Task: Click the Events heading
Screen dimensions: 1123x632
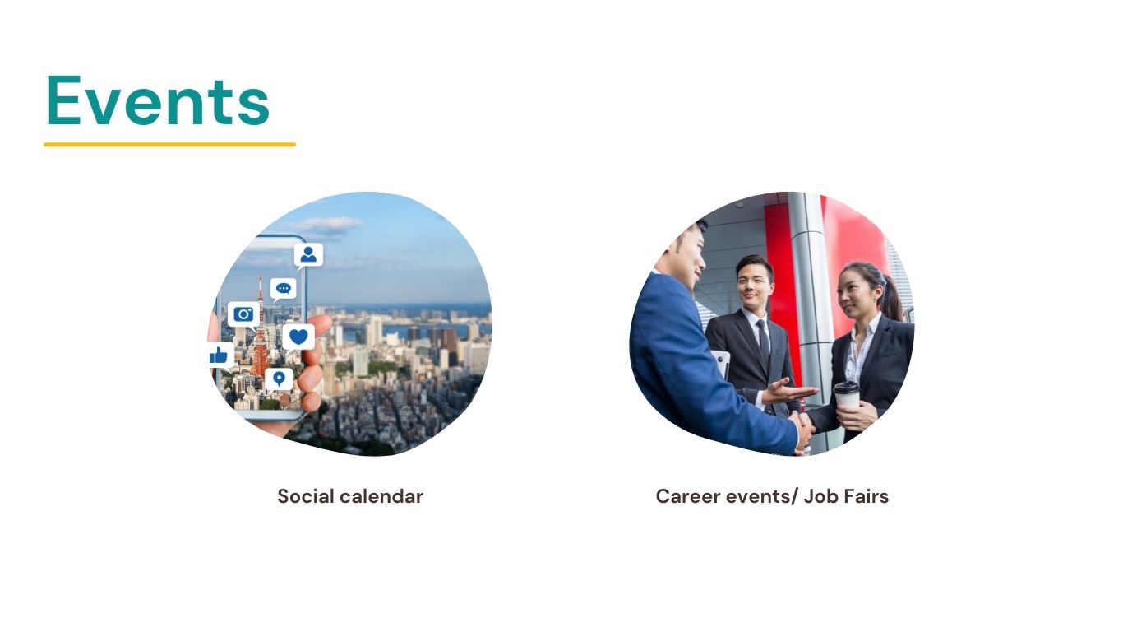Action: click(158, 100)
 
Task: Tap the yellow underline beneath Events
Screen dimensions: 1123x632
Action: click(169, 145)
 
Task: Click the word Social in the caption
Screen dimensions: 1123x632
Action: click(306, 496)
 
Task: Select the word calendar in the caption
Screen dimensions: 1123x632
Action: click(382, 496)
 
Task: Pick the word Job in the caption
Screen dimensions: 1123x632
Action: click(820, 496)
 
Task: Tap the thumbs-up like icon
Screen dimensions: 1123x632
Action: click(219, 355)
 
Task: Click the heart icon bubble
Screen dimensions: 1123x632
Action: click(298, 337)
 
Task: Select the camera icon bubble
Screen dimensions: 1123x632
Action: click(243, 314)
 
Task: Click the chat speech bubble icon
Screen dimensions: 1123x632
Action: click(284, 289)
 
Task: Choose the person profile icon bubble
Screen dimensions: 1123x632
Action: click(308, 255)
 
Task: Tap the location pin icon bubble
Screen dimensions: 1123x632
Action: click(279, 379)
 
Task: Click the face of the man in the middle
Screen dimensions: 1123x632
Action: click(754, 286)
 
